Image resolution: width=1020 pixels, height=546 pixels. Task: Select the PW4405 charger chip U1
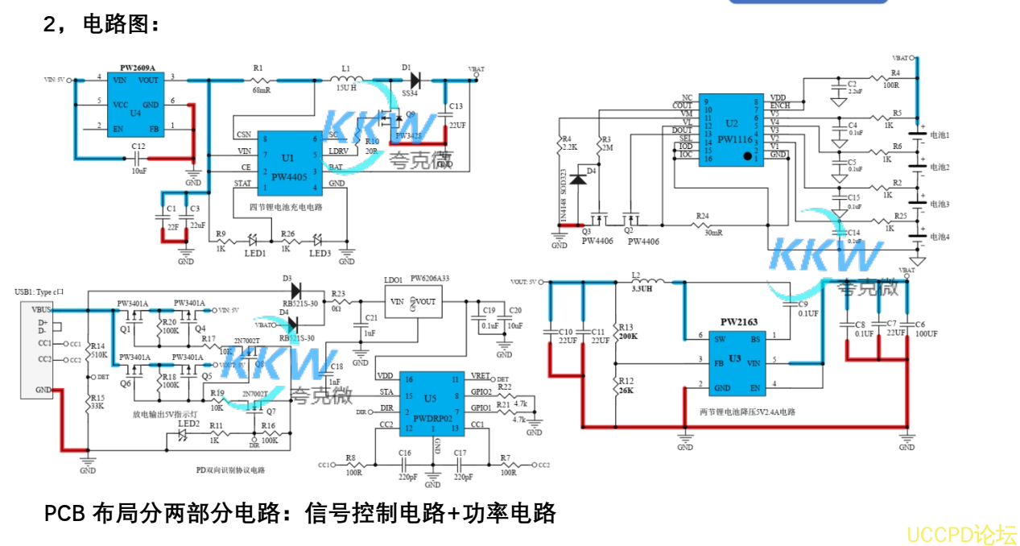click(x=288, y=163)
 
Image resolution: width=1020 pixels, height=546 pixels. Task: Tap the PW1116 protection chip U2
click(x=730, y=129)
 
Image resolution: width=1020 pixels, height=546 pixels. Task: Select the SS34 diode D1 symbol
click(x=415, y=80)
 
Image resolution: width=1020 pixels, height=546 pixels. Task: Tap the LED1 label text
click(x=254, y=254)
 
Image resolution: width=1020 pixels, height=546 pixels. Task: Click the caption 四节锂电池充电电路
click(x=285, y=207)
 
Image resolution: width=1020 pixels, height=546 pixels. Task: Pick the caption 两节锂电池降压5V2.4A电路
click(x=748, y=412)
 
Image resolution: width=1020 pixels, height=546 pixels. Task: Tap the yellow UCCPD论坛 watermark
click(x=961, y=534)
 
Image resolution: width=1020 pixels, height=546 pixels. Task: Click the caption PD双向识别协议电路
click(x=231, y=469)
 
